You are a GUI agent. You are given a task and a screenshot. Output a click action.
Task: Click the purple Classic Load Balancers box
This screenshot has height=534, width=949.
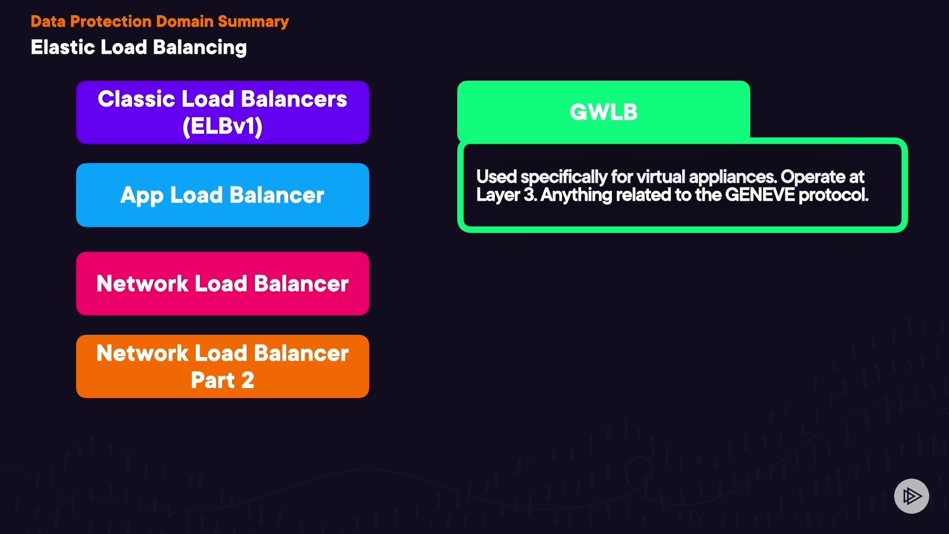pyautogui.click(x=222, y=112)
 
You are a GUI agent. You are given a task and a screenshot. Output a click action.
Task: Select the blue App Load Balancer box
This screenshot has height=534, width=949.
pyautogui.click(x=222, y=195)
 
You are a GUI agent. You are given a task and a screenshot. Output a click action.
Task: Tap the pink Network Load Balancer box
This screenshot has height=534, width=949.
pyautogui.click(x=222, y=283)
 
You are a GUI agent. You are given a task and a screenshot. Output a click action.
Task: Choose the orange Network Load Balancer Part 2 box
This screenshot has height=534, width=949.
pyautogui.click(x=222, y=366)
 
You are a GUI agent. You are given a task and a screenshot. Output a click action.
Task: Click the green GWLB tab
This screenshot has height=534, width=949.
pyautogui.click(x=604, y=112)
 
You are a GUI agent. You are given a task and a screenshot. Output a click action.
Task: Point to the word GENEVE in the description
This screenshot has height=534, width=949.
pyautogui.click(x=760, y=195)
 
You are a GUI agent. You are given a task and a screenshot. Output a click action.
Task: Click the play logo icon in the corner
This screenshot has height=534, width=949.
pyautogui.click(x=911, y=496)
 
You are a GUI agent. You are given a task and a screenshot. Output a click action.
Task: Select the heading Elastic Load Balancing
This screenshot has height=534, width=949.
pyautogui.click(x=138, y=47)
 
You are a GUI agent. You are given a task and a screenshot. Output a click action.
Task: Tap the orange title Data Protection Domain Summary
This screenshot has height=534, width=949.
pyautogui.click(x=160, y=21)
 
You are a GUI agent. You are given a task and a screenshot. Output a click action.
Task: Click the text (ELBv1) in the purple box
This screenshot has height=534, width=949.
pyautogui.click(x=222, y=126)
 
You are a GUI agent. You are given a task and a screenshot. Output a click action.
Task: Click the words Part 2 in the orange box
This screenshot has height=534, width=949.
pyautogui.click(x=222, y=380)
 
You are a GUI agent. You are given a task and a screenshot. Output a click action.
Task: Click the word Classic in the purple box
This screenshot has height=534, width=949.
pyautogui.click(x=136, y=99)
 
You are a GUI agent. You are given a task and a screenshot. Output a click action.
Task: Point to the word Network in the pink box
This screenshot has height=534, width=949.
pyautogui.click(x=142, y=283)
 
